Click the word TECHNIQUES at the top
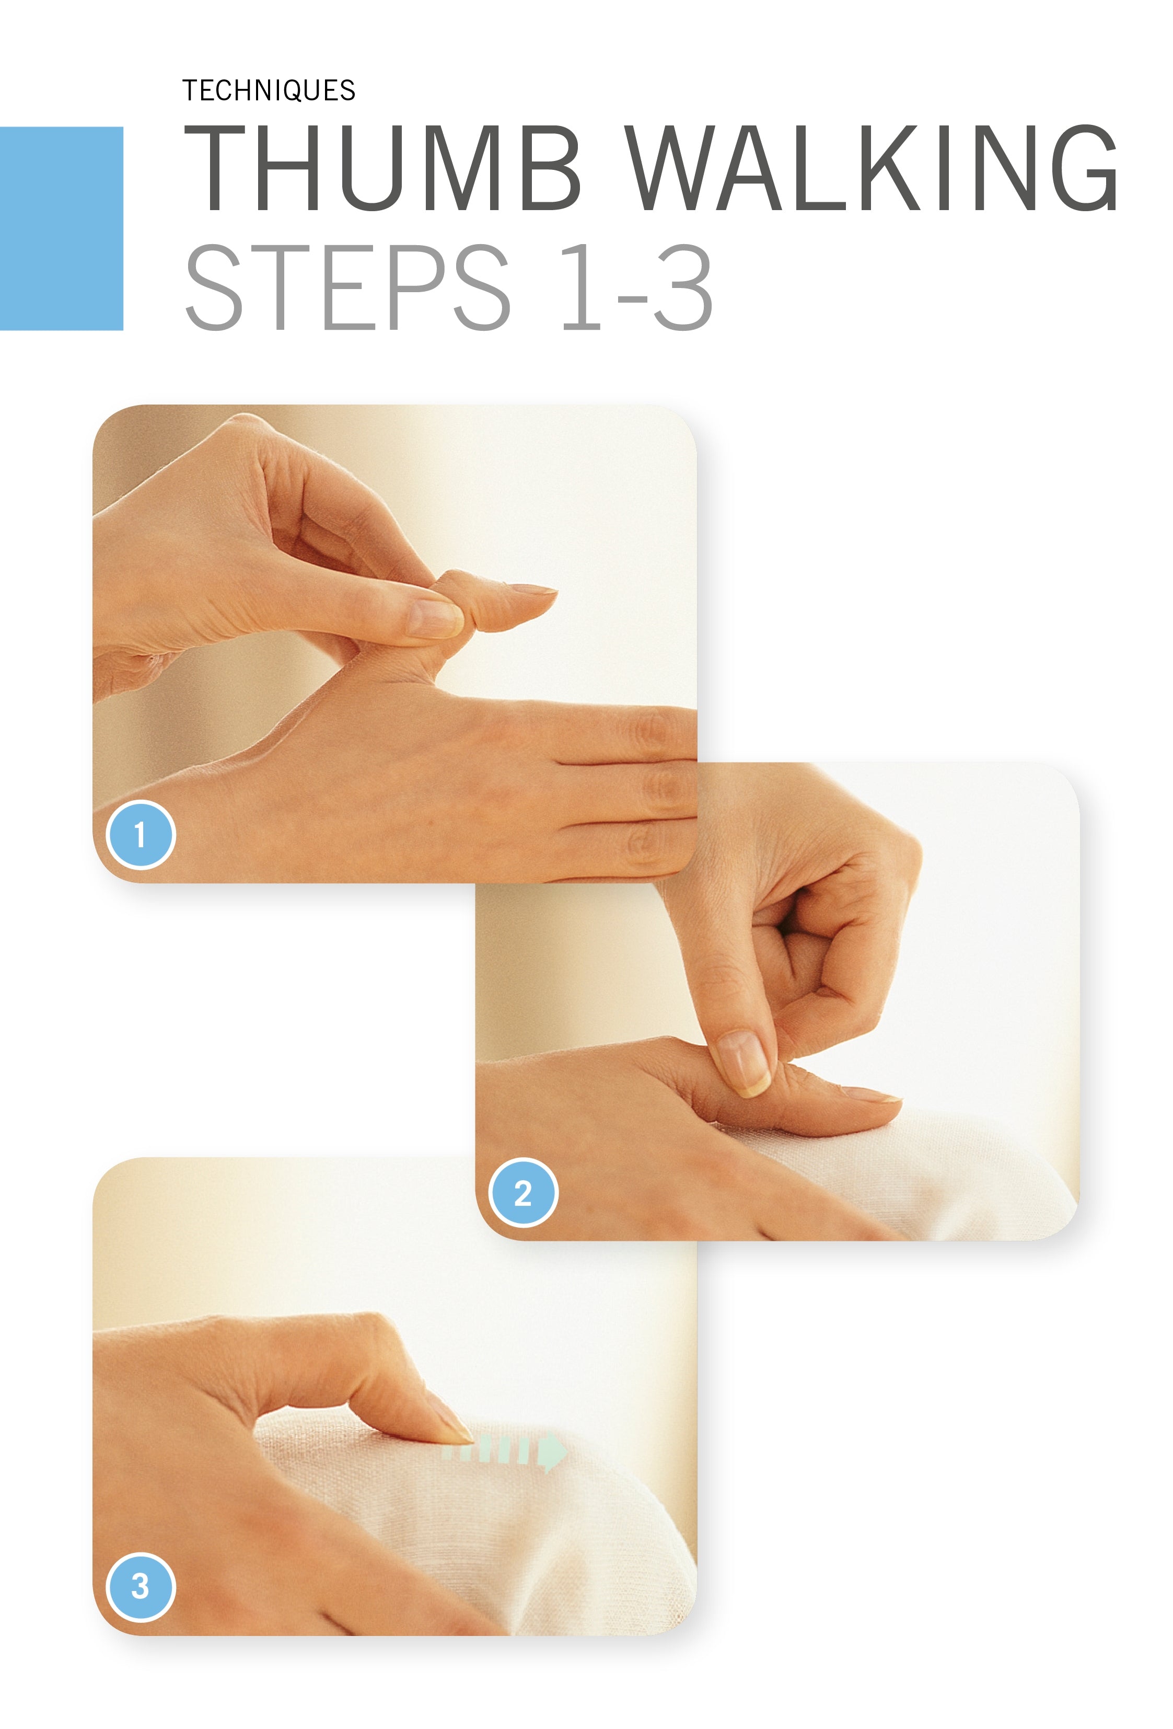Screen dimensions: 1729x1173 tap(269, 91)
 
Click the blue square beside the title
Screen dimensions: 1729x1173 tap(61, 228)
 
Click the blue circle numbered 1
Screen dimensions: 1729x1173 tap(140, 835)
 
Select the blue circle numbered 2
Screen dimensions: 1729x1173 tap(523, 1193)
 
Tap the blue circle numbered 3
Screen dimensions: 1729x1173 tap(140, 1586)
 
